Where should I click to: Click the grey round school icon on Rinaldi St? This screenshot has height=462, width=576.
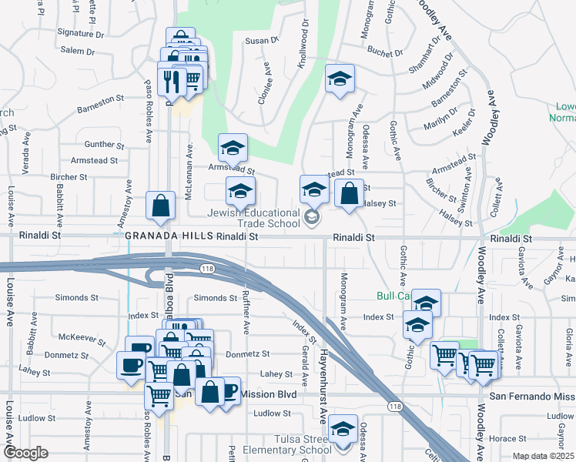(x=312, y=219)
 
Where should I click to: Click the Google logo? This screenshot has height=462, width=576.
(x=25, y=453)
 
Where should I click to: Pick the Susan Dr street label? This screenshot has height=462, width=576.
(x=261, y=41)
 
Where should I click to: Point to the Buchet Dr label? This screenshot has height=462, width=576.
(x=385, y=53)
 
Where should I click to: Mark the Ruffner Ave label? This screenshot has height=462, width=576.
(x=246, y=316)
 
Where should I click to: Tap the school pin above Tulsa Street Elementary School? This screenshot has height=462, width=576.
(x=342, y=427)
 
